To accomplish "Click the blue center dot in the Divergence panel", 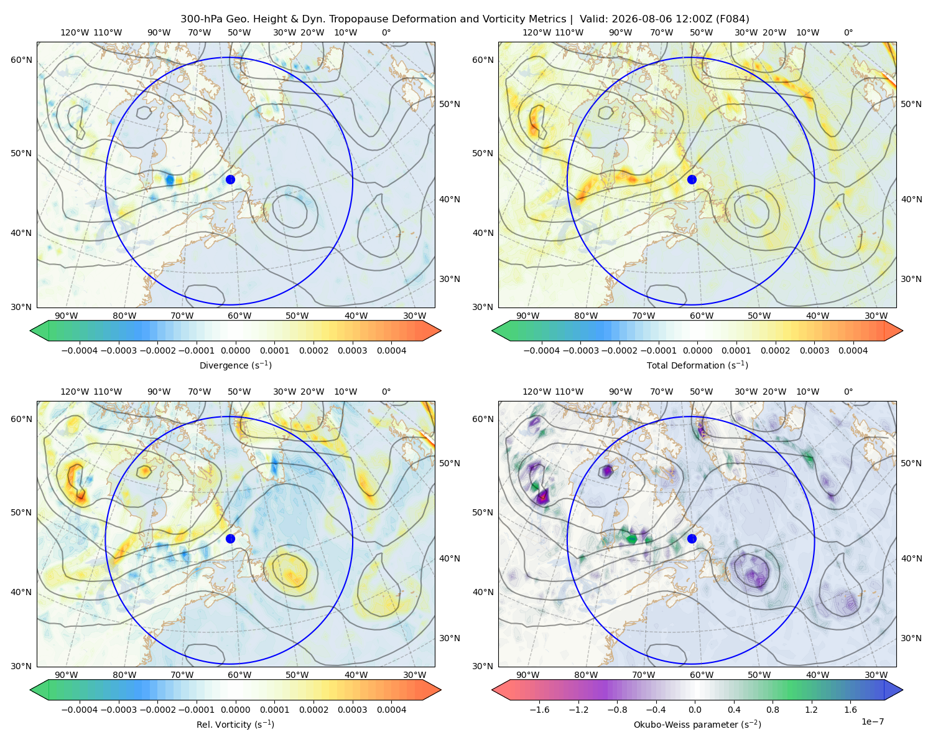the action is click(x=230, y=180).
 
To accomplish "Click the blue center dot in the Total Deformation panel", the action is click(x=692, y=180).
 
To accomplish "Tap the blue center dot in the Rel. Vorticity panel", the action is click(x=230, y=538).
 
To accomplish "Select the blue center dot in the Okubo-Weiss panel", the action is click(x=692, y=538).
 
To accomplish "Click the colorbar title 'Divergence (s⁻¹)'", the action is click(x=235, y=365).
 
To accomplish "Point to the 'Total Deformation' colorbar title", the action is click(x=697, y=365).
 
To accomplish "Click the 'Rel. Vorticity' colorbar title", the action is click(x=235, y=725).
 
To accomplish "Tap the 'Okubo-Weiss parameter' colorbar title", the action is click(x=697, y=725).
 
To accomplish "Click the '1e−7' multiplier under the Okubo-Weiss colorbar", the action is click(x=872, y=721).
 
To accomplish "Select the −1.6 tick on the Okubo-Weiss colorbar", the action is click(x=539, y=710).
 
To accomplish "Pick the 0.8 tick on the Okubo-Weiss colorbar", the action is click(x=773, y=710).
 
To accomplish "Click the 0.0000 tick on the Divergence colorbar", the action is click(x=235, y=350).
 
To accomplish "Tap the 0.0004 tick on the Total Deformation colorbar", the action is click(x=853, y=350).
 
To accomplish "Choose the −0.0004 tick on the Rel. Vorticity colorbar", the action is click(x=80, y=710).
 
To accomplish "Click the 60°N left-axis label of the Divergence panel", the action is click(x=21, y=60).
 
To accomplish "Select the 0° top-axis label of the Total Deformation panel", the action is click(x=848, y=32).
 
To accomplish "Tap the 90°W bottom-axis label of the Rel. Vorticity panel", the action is click(x=67, y=675).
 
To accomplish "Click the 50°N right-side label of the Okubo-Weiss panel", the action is click(x=911, y=463).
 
